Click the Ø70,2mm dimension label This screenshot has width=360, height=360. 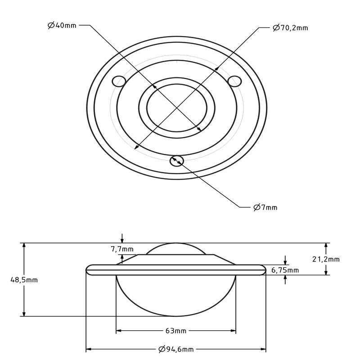(290, 28)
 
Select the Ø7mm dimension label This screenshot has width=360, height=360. (265, 207)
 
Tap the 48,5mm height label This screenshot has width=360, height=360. (24, 279)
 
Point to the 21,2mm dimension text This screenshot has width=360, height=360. (326, 259)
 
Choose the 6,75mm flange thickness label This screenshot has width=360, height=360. (285, 270)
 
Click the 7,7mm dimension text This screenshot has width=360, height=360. (122, 249)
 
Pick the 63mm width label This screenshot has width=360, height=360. (175, 331)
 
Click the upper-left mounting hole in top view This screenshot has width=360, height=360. (119, 81)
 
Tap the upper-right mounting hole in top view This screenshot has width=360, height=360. (234, 81)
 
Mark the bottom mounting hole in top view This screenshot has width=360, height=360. (177, 160)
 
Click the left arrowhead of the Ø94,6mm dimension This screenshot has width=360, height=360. (89, 349)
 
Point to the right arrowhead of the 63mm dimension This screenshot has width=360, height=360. (233, 331)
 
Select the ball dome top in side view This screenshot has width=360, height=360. (176, 244)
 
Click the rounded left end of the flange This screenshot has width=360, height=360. (88, 270)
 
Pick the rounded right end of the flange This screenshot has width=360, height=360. (264, 270)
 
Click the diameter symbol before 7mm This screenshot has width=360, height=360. (256, 207)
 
